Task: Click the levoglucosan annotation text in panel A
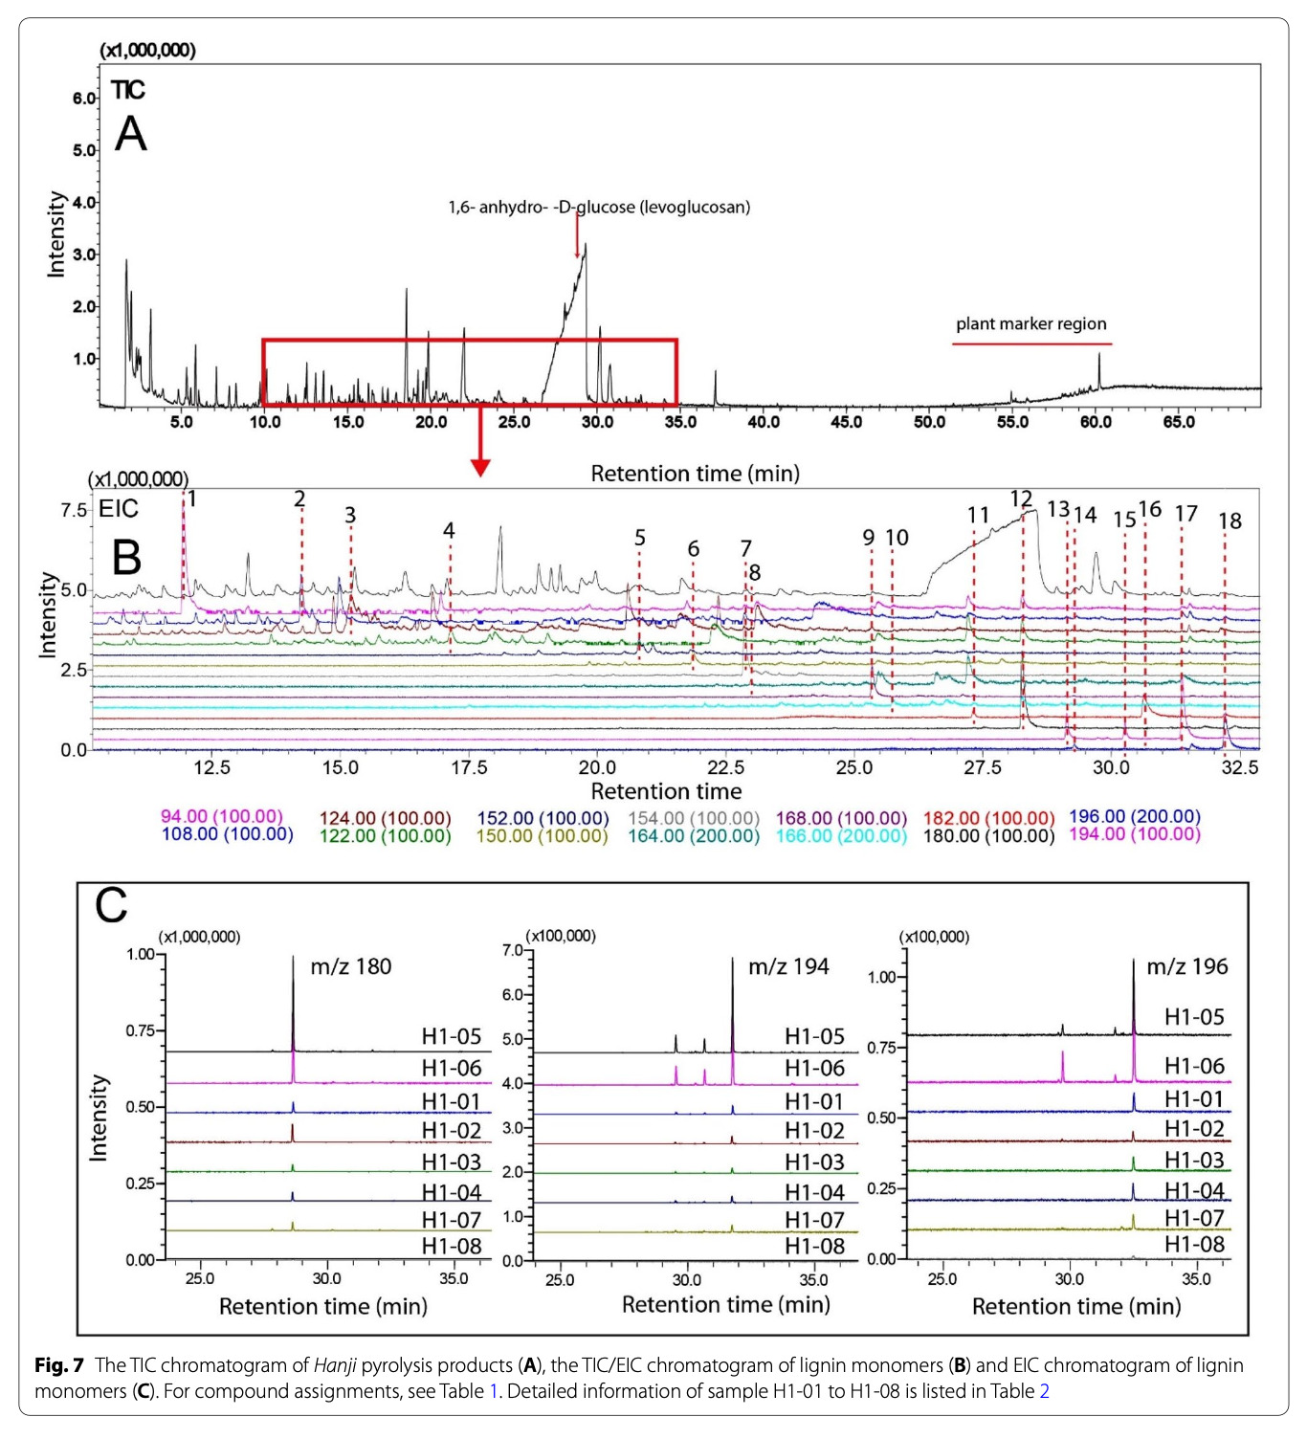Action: tap(599, 207)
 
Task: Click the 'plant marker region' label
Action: tap(1030, 323)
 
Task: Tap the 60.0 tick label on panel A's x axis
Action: tap(1096, 422)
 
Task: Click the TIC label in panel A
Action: tap(127, 90)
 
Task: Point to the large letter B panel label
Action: tap(126, 557)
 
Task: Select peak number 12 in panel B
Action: tap(1021, 498)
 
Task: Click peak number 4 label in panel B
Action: tap(449, 530)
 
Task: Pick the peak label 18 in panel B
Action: tap(1229, 520)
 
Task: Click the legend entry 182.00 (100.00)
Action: tap(988, 818)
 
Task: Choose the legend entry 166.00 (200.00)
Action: tap(841, 835)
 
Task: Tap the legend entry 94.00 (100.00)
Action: tap(222, 816)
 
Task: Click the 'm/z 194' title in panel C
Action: tap(788, 966)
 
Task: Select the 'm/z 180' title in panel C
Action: tap(351, 966)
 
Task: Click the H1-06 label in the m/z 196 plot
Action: tap(1194, 1066)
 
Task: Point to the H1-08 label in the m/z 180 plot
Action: tap(452, 1246)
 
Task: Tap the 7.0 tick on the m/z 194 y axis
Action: tap(513, 950)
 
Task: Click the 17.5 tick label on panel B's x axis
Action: tap(468, 767)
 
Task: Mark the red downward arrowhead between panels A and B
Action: tap(480, 467)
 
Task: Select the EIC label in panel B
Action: tap(119, 509)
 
